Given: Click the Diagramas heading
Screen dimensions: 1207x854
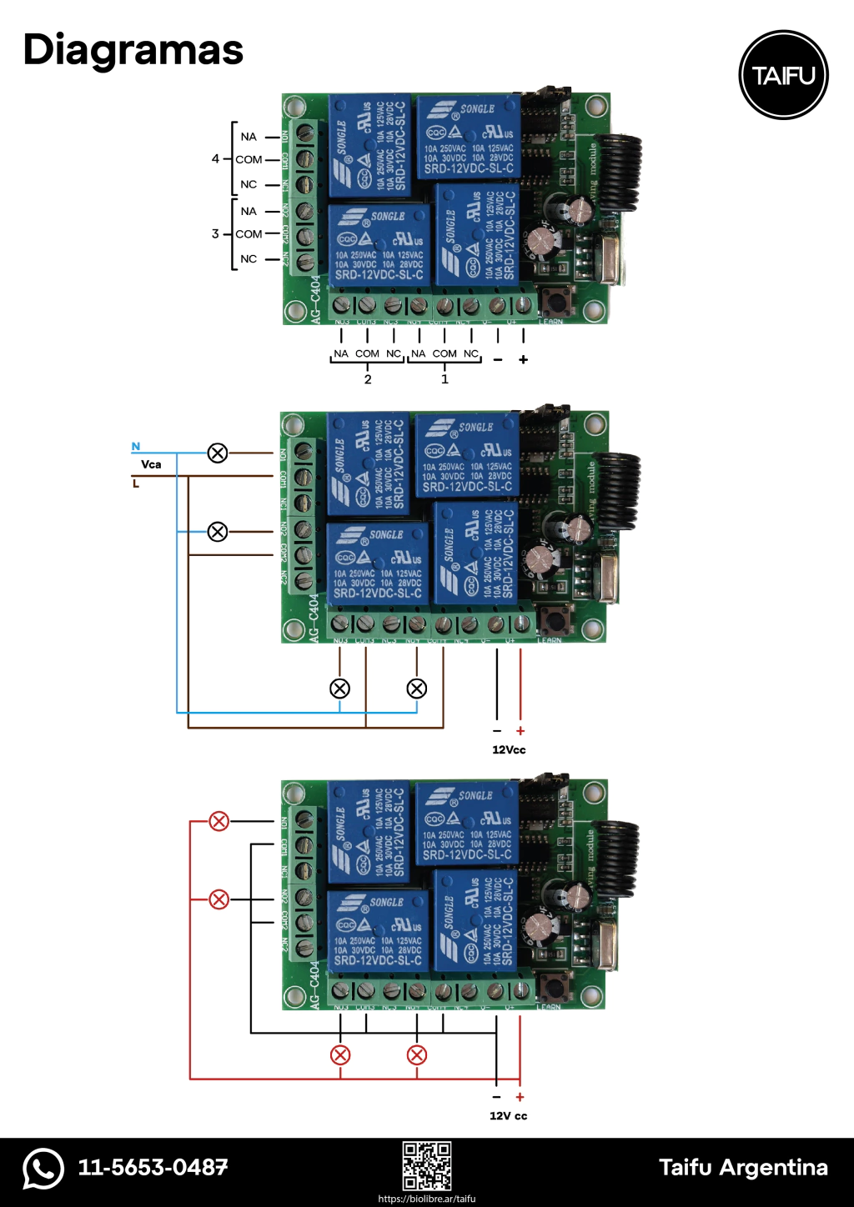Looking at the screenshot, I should point(133,50).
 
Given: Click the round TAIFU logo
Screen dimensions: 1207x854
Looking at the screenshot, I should point(783,75).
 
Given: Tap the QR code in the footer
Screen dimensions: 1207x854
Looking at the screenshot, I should point(427,1166).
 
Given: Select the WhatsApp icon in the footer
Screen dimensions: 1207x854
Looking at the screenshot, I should point(43,1168).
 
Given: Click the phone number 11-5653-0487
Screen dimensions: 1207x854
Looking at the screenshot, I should point(153,1167).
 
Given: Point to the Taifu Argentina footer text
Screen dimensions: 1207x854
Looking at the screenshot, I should point(743,1167).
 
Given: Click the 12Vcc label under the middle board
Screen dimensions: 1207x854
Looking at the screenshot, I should point(509,749).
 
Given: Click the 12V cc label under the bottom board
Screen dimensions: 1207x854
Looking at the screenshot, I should point(508,1115).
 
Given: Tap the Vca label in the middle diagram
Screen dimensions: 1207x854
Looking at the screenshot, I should point(151,464).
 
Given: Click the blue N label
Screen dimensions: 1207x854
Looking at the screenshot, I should point(136,447).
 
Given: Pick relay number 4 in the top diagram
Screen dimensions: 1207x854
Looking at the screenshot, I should point(215,158).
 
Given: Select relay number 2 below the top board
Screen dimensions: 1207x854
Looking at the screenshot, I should point(368,379).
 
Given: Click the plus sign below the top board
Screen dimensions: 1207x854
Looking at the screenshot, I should point(523,359).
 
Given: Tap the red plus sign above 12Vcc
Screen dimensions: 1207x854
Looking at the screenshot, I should point(520,731).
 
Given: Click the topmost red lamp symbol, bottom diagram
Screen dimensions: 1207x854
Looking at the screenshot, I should point(219,821).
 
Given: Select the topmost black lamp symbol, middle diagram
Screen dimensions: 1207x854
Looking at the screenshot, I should point(218,453).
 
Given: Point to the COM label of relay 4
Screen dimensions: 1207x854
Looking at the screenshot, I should point(249,159).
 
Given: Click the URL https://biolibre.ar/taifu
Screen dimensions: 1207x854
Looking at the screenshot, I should point(427,1199).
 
